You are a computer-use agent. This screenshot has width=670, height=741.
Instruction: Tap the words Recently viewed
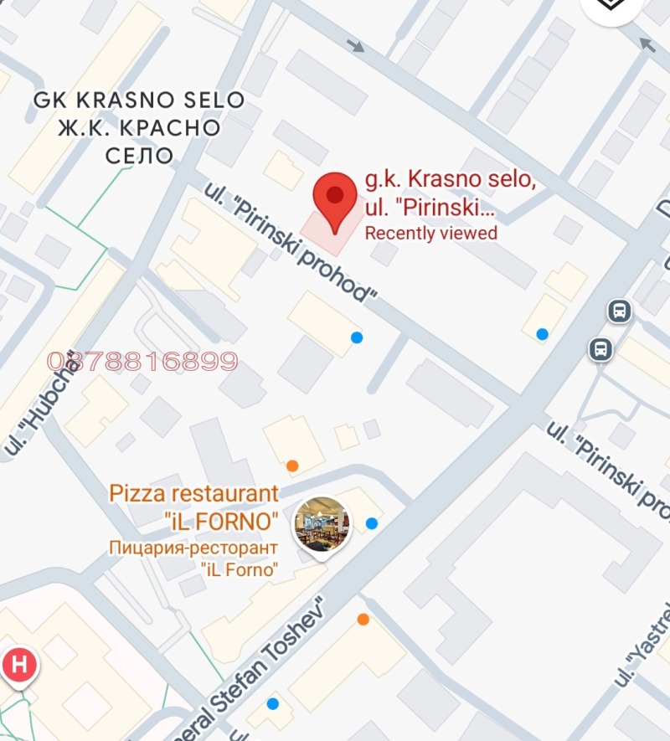coord(430,234)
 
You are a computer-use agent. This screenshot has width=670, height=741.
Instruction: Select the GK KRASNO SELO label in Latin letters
coord(139,100)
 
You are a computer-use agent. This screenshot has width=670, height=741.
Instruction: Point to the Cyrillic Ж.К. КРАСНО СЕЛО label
coord(139,141)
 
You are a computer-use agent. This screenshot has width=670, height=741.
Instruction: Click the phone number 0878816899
coord(142,362)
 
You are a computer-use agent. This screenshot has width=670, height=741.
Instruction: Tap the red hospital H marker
coord(19,666)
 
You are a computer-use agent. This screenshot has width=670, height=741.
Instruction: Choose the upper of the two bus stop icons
coord(619,311)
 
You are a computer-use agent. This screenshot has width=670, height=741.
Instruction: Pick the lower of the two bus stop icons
coord(600,348)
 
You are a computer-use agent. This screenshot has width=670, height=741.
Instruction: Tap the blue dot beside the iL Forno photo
coord(372,524)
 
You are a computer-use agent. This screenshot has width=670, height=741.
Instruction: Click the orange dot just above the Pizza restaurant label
coord(292,466)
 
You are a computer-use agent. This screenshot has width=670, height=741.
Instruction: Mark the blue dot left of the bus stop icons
coord(543,334)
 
